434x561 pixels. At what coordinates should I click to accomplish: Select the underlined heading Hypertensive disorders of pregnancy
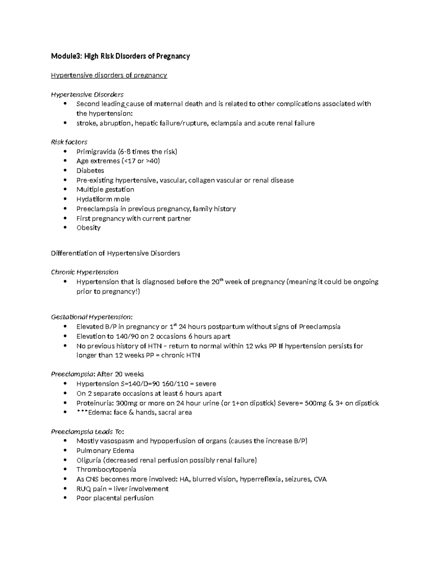[x=109, y=75]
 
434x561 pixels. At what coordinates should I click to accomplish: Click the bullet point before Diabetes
[x=65, y=171]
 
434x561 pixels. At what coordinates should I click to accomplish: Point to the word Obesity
[x=88, y=228]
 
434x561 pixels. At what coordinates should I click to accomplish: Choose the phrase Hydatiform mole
[x=103, y=199]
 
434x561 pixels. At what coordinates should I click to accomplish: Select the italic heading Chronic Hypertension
[x=85, y=272]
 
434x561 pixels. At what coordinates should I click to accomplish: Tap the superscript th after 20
[x=222, y=280]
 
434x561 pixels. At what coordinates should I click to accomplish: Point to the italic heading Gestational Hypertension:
[x=92, y=317]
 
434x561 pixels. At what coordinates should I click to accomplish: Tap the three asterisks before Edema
[x=82, y=413]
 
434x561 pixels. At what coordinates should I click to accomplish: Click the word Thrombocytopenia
[x=106, y=470]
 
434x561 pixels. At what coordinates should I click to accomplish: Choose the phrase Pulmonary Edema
[x=105, y=451]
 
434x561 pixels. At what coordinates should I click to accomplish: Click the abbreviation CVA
[x=320, y=479]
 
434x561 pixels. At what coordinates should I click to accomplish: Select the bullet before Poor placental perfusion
[x=65, y=498]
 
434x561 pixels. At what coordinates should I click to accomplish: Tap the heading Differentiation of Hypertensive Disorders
[x=115, y=254]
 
